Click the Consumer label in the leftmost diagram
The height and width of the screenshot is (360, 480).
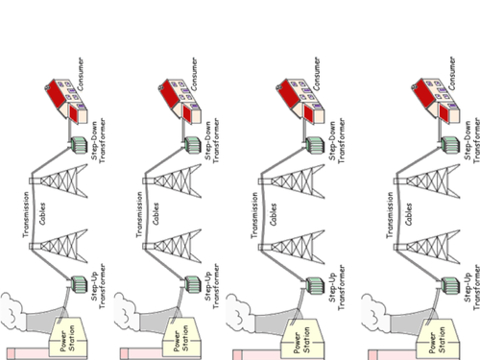pos(81,74)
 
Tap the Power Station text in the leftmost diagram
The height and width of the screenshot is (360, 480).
pos(67,339)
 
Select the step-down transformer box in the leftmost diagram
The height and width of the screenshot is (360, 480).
pos(79,145)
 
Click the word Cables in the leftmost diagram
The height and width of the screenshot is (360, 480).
pos(42,213)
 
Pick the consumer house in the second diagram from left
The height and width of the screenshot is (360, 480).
pos(180,102)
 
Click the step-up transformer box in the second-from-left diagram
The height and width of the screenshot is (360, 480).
pos(193,284)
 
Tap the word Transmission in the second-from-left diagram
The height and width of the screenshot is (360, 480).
pos(139,214)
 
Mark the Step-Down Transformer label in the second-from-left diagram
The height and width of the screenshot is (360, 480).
pos(212,141)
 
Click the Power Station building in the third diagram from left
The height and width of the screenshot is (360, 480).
pos(302,339)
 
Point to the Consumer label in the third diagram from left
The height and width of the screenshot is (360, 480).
pos(317,74)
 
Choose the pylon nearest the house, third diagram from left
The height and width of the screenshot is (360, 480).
pos(292,181)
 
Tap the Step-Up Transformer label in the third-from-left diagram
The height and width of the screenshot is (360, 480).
pos(337,287)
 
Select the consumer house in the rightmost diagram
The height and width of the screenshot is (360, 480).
pos(436,102)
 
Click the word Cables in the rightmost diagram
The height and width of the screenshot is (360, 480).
pos(408,214)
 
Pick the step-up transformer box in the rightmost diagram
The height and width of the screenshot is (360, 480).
pos(451,285)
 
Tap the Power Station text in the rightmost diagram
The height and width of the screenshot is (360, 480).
pos(437,340)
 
